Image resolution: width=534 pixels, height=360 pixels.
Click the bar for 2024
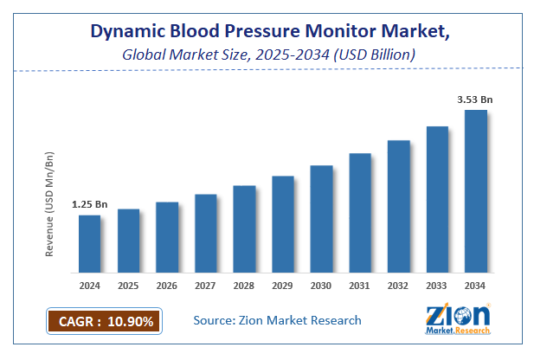coord(89,243)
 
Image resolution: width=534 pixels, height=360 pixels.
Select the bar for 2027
coord(205,233)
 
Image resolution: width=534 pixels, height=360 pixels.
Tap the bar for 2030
coord(321,218)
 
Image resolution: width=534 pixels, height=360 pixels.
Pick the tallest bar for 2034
coord(475,190)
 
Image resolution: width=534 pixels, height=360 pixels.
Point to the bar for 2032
coord(398,206)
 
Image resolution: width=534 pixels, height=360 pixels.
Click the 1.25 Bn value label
coord(89,204)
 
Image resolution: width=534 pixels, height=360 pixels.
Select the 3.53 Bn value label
coord(475,100)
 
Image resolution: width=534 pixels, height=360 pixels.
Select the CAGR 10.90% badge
coord(102,321)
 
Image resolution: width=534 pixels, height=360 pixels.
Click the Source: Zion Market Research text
coord(277,320)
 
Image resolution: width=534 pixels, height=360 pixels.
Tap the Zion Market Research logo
coord(458,318)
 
